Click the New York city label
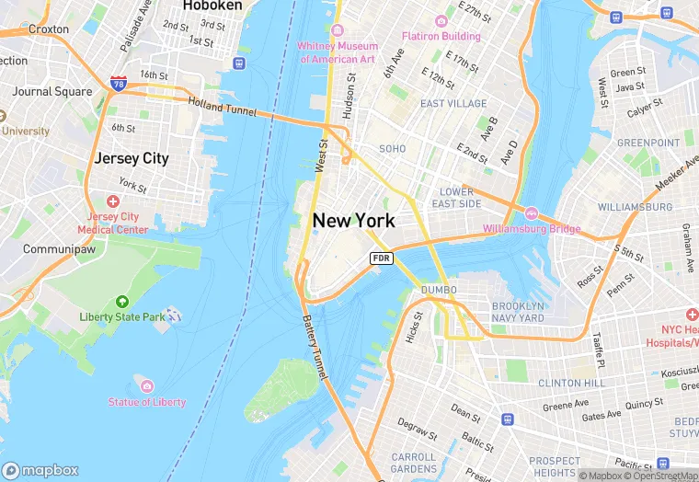[354, 221]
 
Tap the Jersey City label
[132, 158]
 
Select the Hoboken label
[212, 6]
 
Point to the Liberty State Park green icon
[121, 302]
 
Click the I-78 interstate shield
[118, 84]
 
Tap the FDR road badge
[382, 258]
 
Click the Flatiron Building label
[441, 36]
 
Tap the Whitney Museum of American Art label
[337, 52]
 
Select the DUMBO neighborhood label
[440, 290]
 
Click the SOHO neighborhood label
[393, 148]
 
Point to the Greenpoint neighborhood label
[648, 143]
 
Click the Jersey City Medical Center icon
[113, 201]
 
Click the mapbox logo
[41, 470]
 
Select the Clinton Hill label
[572, 382]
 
